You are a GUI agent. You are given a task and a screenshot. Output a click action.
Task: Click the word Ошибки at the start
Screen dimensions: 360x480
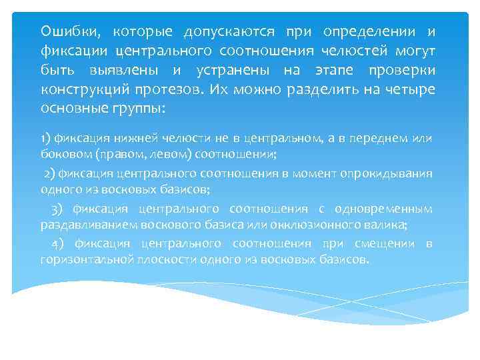[x=65, y=31]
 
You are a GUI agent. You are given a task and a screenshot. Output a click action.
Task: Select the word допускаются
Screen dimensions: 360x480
[x=222, y=31]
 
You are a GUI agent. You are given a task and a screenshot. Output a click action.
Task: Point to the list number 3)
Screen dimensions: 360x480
[x=57, y=209]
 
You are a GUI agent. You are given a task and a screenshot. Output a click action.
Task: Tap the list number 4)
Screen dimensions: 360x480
[x=57, y=243]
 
